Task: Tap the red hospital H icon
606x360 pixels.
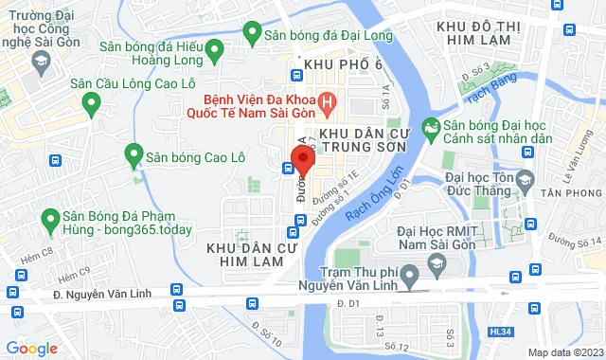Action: click(328, 99)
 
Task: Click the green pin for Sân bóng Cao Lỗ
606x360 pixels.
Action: click(134, 153)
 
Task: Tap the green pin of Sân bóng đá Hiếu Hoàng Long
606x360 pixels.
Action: click(214, 48)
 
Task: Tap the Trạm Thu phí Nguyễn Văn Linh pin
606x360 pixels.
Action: click(409, 278)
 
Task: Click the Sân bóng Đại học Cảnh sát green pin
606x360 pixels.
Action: click(430, 126)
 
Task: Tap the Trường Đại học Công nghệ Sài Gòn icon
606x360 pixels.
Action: click(42, 63)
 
